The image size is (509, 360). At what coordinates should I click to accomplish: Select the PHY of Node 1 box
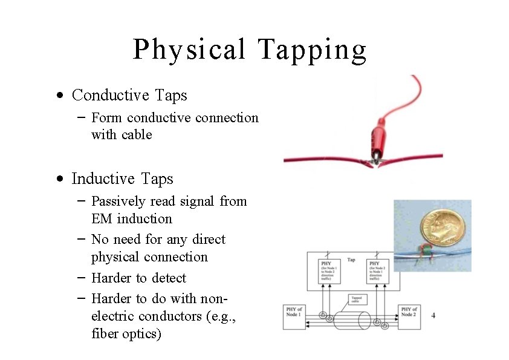(294, 316)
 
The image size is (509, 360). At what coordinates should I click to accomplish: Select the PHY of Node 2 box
(409, 316)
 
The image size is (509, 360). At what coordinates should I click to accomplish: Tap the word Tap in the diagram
(351, 260)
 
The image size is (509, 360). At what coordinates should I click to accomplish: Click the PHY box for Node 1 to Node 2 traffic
(331, 272)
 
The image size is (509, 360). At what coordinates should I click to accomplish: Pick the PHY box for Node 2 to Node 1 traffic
(379, 272)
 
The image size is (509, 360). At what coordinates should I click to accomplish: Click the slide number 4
(433, 316)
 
